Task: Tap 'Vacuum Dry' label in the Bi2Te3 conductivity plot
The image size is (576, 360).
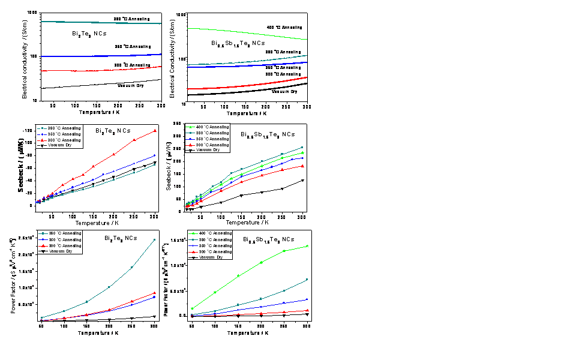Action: tap(136, 86)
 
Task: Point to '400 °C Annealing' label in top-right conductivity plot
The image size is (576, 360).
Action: tap(284, 27)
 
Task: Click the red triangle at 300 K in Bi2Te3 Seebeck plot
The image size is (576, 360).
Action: tap(154, 131)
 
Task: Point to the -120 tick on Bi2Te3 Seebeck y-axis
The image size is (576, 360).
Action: tap(28, 130)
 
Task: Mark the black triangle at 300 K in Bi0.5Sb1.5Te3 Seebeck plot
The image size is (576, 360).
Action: tap(302, 180)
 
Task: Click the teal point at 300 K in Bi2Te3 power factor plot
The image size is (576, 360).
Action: tap(154, 240)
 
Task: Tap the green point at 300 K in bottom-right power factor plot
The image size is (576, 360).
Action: tap(307, 246)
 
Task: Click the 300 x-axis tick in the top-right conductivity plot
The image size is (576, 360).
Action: tap(307, 107)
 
